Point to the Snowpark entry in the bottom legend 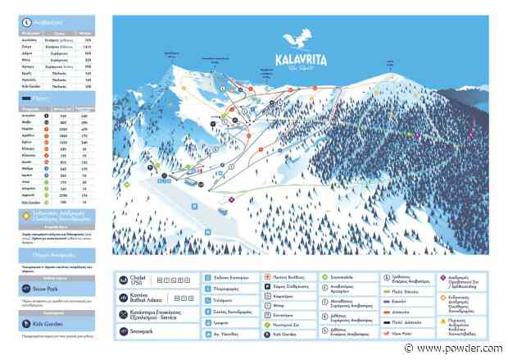[x=140, y=330]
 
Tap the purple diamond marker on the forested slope [x=416, y=134]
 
